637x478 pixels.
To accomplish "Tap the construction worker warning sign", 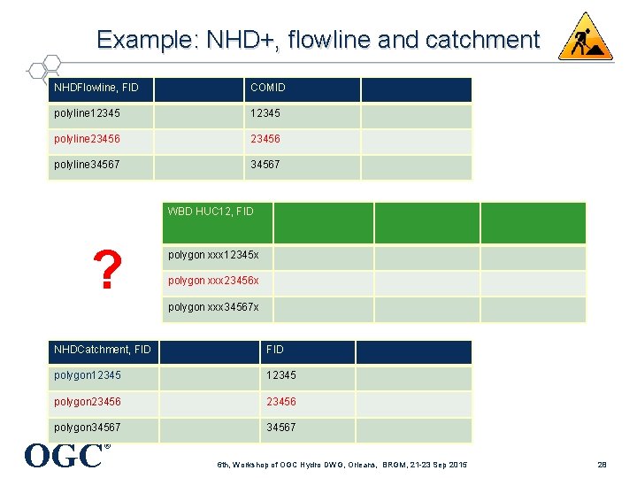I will [585, 36].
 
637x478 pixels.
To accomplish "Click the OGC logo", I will [64, 455].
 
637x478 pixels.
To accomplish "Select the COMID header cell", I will [268, 89].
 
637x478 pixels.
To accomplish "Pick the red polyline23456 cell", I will [87, 140].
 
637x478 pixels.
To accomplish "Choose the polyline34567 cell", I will [87, 166].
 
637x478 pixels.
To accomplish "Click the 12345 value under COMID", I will [266, 114].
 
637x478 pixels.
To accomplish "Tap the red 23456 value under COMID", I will [266, 140].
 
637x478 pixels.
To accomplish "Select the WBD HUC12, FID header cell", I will [211, 212].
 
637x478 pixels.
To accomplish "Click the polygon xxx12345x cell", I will [213, 256].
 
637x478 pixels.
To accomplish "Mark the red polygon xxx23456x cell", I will [213, 281].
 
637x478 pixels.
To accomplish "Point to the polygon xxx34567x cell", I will [213, 307].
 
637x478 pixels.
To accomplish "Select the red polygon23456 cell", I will [88, 402].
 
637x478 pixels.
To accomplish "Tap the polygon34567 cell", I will [88, 428].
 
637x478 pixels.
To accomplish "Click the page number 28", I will [601, 465].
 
